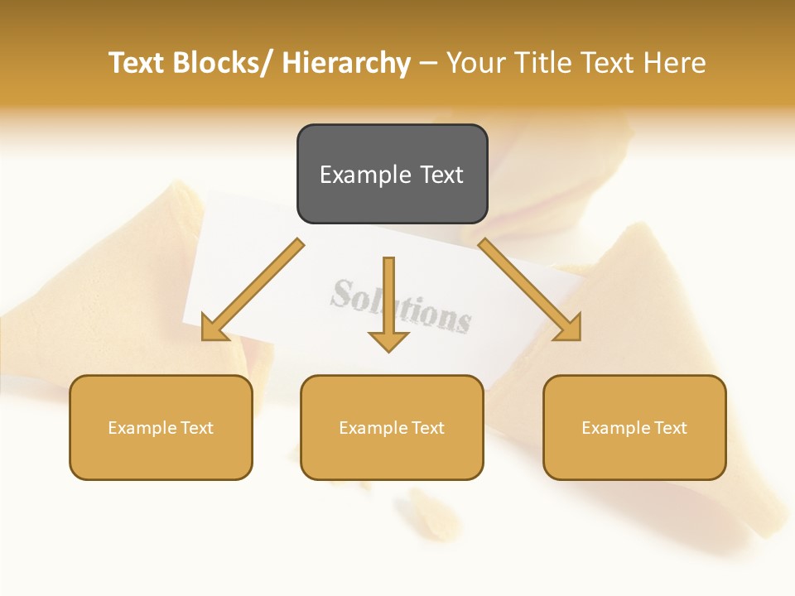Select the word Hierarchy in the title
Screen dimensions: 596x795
[346, 63]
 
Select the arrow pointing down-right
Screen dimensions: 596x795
[531, 291]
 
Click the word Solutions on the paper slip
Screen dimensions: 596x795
[401, 305]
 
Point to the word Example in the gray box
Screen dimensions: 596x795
[365, 175]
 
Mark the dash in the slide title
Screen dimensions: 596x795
[428, 63]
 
